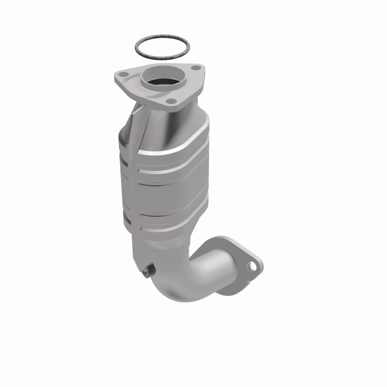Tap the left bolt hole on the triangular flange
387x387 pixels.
pos(124,74)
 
